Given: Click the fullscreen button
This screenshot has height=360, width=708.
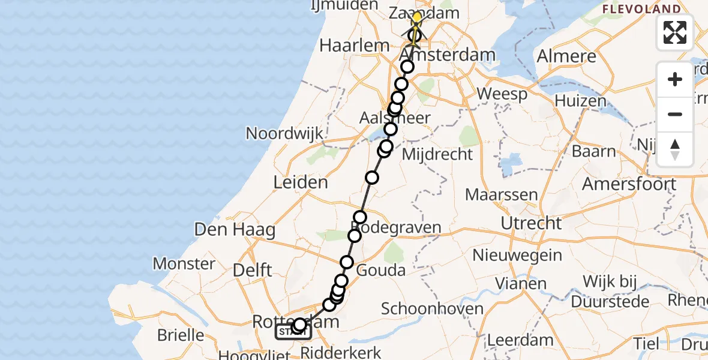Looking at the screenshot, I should (675, 32).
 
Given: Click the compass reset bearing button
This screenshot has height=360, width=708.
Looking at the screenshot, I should (675, 149).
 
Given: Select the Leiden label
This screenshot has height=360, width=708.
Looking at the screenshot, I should (301, 182).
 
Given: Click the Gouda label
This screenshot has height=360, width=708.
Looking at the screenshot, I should (381, 270).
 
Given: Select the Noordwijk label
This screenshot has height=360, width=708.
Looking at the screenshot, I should (284, 133).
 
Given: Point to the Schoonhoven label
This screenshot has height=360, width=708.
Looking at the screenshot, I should (432, 309).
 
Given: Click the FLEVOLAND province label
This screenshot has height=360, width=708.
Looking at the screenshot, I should (642, 9).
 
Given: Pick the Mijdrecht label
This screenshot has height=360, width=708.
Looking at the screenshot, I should (437, 154).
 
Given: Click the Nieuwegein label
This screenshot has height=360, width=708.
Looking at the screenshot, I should (517, 255).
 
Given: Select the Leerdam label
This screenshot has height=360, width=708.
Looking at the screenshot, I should (520, 340).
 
